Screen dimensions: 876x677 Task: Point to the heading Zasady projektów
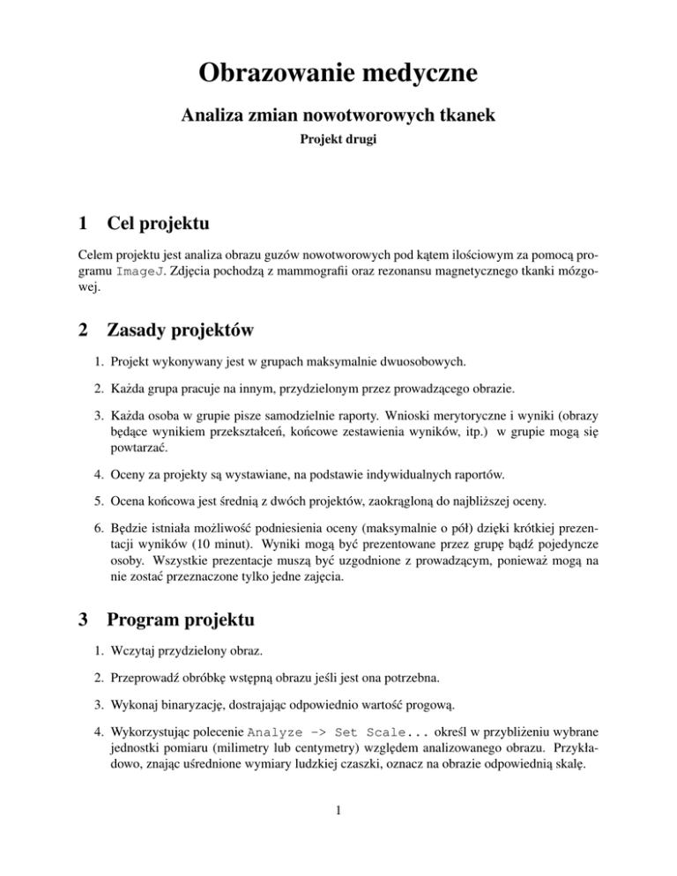coord(181,330)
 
